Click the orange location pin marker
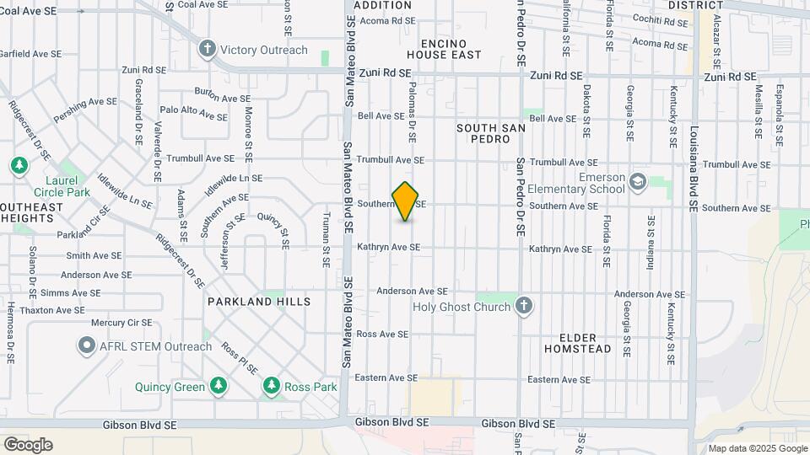pyautogui.click(x=406, y=201)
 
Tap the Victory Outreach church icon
pyautogui.click(x=208, y=49)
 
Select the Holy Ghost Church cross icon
pyautogui.click(x=524, y=306)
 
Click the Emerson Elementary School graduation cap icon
pyautogui.click(x=638, y=182)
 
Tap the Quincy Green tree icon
pyautogui.click(x=219, y=386)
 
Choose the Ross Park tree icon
pyautogui.click(x=271, y=386)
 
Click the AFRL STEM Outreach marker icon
pyautogui.click(x=86, y=345)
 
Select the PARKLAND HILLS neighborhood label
pyautogui.click(x=259, y=301)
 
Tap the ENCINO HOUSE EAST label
pyautogui.click(x=444, y=48)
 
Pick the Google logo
pyautogui.click(x=28, y=445)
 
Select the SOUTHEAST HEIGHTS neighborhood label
pyautogui.click(x=32, y=211)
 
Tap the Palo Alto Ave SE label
pyautogui.click(x=193, y=110)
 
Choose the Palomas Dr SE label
pyautogui.click(x=413, y=116)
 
